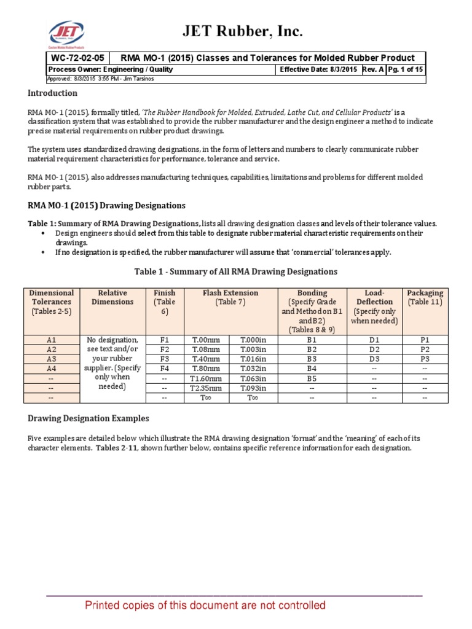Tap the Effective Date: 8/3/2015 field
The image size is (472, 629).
(318, 69)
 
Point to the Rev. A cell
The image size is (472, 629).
(374, 69)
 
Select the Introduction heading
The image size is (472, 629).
(52, 93)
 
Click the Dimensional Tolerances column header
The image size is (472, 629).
(52, 302)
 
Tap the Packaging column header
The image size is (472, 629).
(425, 297)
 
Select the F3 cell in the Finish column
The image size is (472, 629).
(164, 359)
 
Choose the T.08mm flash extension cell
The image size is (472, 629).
(206, 349)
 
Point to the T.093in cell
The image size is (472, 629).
(253, 388)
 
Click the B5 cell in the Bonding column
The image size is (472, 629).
(312, 378)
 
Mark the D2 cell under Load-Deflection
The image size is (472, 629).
(374, 349)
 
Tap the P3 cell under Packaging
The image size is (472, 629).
(425, 359)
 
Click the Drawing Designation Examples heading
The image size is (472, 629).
(88, 418)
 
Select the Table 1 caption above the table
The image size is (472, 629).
(235, 271)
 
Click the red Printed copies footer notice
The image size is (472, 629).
(205, 606)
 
